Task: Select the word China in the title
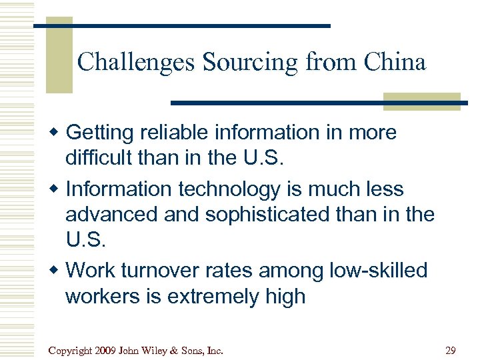tap(395, 63)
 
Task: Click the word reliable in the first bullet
tap(176, 133)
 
